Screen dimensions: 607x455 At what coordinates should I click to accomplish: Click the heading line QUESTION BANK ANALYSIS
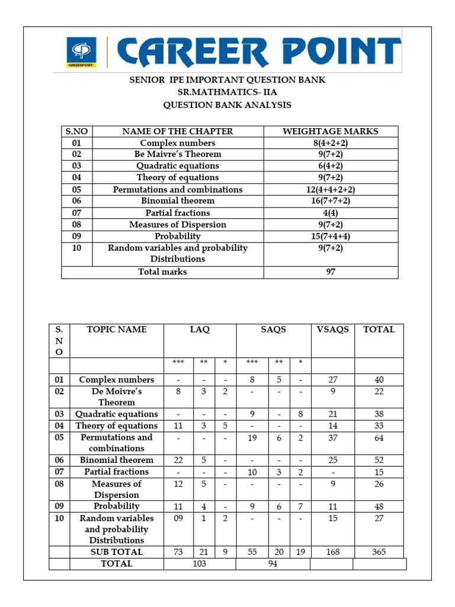[x=227, y=105]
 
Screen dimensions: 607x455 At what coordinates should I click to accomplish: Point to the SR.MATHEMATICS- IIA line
[x=227, y=92]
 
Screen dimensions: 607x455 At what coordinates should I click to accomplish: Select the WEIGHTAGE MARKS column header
[x=331, y=132]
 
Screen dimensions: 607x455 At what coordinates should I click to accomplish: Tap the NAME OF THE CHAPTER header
[x=178, y=132]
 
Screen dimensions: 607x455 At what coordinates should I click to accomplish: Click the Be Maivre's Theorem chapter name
[x=178, y=154]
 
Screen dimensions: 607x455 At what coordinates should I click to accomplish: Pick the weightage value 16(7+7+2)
[x=331, y=201]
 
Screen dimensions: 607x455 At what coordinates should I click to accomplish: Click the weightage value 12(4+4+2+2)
[x=331, y=190]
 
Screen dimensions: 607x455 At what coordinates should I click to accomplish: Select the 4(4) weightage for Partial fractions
[x=331, y=213]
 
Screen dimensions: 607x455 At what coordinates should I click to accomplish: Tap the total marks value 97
[x=331, y=272]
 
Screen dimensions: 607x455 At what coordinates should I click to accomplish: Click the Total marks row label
[x=162, y=272]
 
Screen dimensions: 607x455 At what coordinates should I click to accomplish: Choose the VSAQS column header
[x=332, y=330]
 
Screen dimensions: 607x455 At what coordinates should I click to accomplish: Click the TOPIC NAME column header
[x=116, y=330]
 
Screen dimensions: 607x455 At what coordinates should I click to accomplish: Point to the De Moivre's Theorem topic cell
[x=116, y=397]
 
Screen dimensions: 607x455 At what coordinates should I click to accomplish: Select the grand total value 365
[x=379, y=552]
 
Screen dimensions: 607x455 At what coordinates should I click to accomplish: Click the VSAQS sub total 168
[x=332, y=552]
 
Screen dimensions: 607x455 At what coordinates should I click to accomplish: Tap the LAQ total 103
[x=200, y=564]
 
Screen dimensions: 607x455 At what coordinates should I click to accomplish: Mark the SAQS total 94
[x=273, y=564]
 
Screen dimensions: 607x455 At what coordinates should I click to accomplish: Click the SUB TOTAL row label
[x=116, y=552]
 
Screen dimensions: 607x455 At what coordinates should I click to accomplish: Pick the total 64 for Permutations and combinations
[x=379, y=438]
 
